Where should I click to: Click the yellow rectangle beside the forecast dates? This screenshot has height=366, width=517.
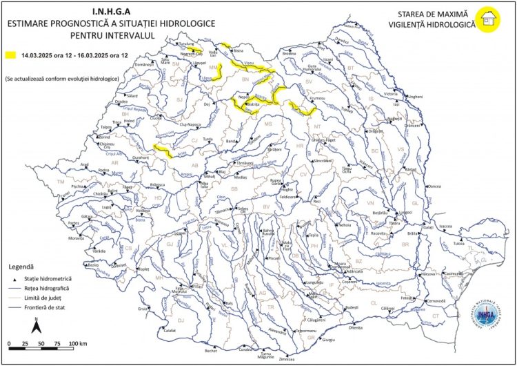click(10, 53)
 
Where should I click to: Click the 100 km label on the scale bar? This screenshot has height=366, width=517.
click(77, 343)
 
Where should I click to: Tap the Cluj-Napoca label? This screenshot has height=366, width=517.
click(193, 124)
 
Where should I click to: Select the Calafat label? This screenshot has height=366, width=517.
click(170, 330)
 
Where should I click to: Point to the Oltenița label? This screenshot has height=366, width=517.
click(356, 327)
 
